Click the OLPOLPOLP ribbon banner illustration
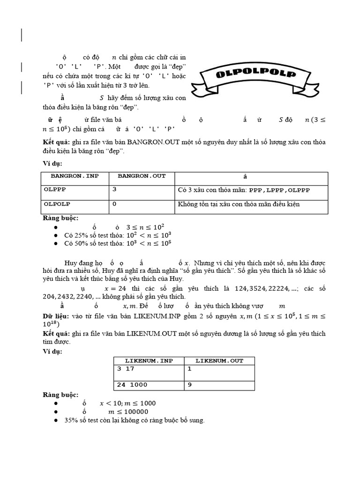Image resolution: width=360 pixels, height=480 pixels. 256,75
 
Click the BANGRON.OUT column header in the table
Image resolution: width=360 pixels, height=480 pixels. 142,176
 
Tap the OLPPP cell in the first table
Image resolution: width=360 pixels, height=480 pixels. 53,190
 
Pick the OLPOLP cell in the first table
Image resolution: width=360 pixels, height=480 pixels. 55,204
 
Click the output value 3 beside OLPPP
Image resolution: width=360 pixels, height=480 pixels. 114,190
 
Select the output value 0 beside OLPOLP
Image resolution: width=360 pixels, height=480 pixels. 114,204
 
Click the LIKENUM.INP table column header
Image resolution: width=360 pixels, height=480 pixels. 148,360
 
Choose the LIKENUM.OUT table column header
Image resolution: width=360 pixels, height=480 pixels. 219,360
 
